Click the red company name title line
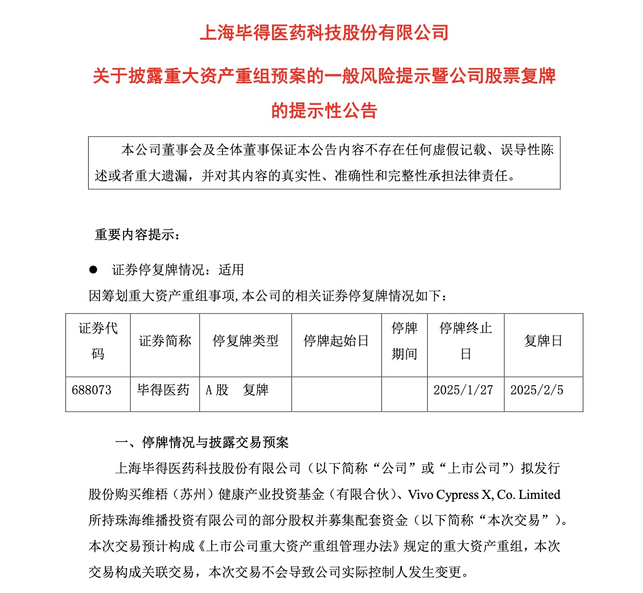324,33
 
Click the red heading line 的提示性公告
324,111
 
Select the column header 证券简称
165,341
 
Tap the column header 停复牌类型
245,341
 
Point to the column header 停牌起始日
336,341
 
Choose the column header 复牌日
543,341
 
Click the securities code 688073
92,391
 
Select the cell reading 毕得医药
163,391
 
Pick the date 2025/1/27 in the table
463,391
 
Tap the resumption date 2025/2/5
537,391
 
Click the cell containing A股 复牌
237,391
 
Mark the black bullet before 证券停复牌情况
93,270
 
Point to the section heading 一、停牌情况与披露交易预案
201,443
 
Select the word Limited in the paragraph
539,495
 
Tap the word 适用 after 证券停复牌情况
231,270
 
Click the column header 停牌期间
404,341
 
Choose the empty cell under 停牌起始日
336,394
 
